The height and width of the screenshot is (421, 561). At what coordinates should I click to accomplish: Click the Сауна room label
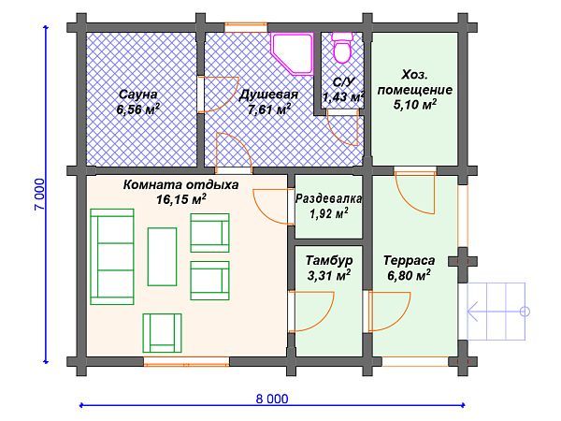click(137, 94)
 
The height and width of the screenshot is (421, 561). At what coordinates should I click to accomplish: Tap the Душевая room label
click(268, 94)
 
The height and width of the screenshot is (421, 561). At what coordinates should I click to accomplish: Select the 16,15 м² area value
click(180, 199)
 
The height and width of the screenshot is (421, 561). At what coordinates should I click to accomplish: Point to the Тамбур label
click(328, 260)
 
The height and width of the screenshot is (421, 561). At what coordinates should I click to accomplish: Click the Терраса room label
click(409, 260)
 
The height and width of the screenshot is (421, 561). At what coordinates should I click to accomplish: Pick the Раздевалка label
click(328, 199)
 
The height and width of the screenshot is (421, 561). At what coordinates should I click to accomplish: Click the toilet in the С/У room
click(341, 45)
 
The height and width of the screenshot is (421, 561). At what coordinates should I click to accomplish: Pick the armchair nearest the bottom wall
click(162, 331)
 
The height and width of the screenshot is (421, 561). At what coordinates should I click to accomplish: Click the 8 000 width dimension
click(271, 398)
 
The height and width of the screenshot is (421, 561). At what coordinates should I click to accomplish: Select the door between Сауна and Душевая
click(203, 94)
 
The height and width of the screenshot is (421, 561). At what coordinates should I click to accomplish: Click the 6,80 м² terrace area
click(409, 276)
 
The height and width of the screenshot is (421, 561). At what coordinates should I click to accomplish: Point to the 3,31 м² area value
click(328, 276)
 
